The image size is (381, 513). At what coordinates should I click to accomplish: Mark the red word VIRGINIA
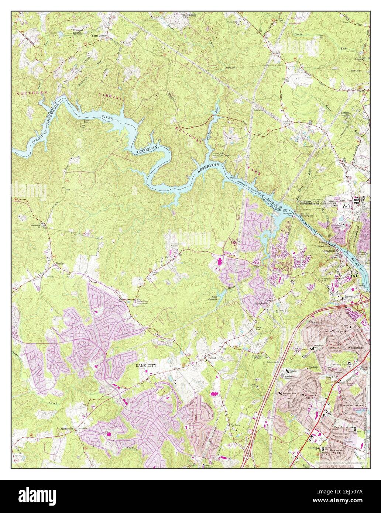112,98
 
